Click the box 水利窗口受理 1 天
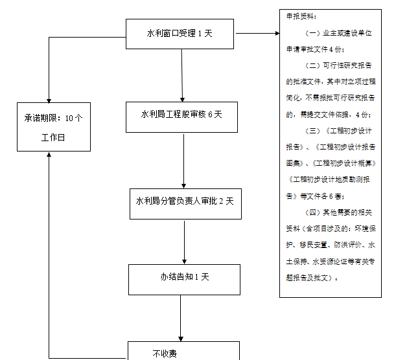180,33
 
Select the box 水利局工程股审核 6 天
182,115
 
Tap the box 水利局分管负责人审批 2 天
185,201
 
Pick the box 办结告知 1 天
185,277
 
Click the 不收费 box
183,352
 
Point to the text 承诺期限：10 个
53,118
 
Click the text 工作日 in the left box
53,138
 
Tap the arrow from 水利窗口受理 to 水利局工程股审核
182,74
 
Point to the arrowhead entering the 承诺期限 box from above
49,96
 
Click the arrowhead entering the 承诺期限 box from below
49,156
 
